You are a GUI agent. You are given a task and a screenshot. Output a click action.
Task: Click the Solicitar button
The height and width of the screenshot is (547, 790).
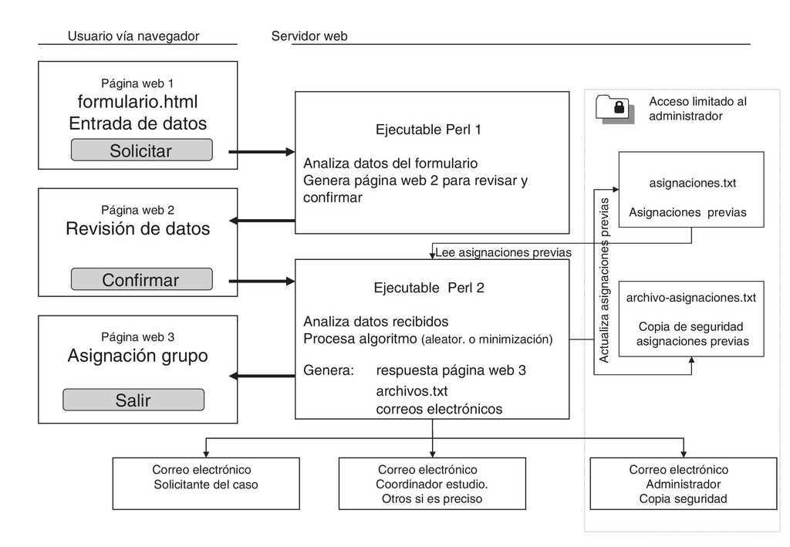(141, 150)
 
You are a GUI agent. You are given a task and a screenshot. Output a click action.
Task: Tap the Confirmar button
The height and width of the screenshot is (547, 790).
(141, 279)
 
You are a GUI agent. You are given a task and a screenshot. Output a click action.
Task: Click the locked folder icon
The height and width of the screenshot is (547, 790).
(615, 109)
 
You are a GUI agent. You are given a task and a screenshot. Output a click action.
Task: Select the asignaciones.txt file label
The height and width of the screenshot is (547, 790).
(692, 184)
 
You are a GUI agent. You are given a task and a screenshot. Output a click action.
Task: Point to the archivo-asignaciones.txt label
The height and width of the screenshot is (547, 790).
(691, 298)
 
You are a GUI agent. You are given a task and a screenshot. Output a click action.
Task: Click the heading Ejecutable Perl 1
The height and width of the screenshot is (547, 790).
(428, 130)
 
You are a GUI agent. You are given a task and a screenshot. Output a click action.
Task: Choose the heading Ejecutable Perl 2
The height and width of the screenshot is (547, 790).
(428, 289)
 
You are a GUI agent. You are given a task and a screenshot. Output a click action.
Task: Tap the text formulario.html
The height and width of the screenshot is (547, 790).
(138, 102)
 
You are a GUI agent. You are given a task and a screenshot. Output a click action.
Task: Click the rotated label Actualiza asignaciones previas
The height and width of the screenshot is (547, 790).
(604, 280)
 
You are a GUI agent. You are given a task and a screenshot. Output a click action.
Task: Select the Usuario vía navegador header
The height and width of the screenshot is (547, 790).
(133, 36)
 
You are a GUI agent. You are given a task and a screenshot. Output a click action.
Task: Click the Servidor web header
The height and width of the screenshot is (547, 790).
(309, 36)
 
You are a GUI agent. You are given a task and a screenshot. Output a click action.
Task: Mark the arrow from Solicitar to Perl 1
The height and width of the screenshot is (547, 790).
(262, 152)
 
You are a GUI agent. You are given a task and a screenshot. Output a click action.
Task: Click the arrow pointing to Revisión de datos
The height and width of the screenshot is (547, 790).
(262, 221)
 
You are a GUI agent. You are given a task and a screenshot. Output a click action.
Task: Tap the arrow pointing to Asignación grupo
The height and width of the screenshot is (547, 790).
(262, 376)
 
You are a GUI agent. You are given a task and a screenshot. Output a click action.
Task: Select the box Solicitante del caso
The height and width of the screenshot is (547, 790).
(205, 484)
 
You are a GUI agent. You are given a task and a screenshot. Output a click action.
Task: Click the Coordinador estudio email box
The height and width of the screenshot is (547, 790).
(432, 484)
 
